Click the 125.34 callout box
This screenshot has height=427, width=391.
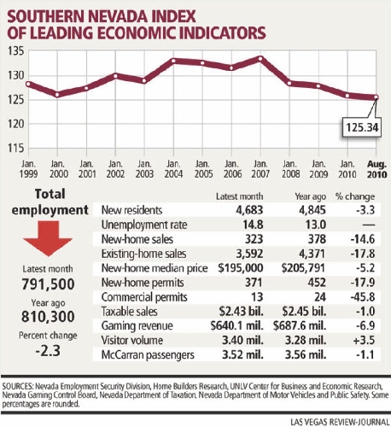(361, 127)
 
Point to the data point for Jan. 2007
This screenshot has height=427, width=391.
(260, 58)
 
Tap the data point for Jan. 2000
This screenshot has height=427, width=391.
(57, 95)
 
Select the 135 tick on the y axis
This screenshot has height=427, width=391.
(16, 51)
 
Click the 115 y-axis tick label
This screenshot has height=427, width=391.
(16, 148)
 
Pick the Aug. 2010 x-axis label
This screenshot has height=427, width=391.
(376, 169)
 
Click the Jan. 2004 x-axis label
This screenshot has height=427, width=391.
(173, 169)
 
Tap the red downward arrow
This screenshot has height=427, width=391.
(48, 238)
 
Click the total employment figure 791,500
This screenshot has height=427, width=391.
(48, 284)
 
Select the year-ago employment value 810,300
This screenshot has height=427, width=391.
(48, 317)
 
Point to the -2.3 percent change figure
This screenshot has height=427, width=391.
(48, 351)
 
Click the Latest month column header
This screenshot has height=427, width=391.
(239, 196)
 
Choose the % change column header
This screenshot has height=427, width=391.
(355, 196)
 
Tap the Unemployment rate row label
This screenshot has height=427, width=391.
(144, 225)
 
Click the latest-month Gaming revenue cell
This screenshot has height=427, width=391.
(237, 325)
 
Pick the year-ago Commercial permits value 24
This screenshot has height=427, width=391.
(320, 297)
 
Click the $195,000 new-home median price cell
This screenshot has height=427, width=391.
(241, 268)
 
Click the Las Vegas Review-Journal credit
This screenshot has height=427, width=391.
(340, 422)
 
